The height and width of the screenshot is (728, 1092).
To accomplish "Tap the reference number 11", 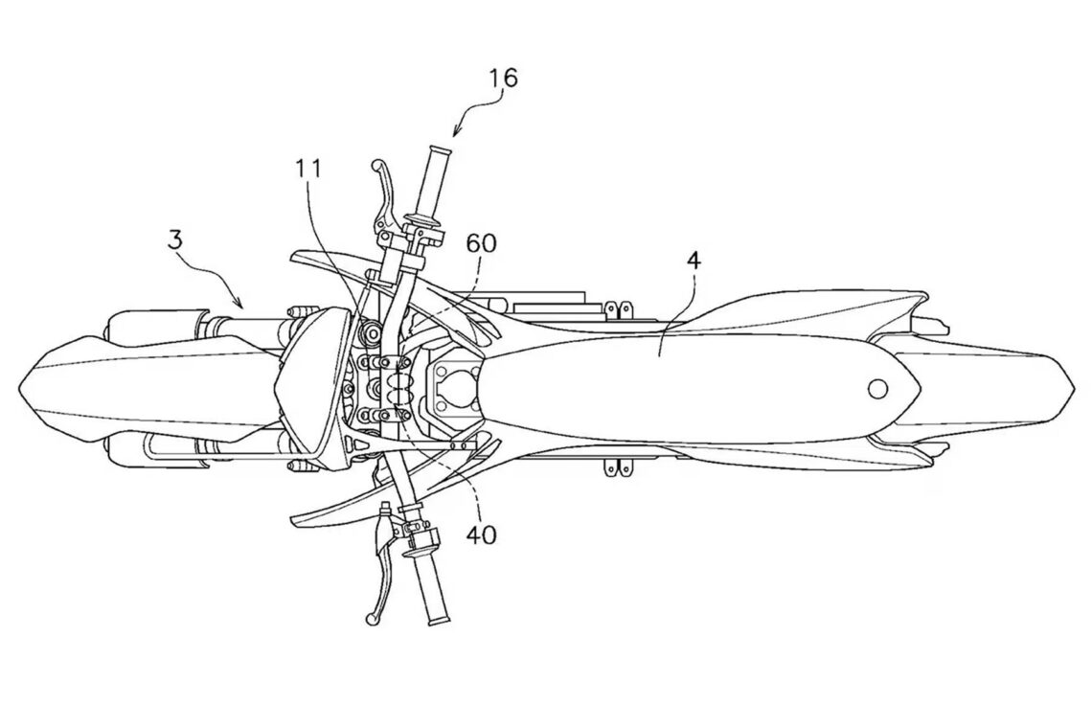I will (308, 170).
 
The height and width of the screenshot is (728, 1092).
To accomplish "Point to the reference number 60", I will (481, 243).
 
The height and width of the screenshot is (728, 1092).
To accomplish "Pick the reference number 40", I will (481, 533).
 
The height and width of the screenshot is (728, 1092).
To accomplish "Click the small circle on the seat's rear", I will (876, 388).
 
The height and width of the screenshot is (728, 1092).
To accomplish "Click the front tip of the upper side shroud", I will (293, 256).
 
